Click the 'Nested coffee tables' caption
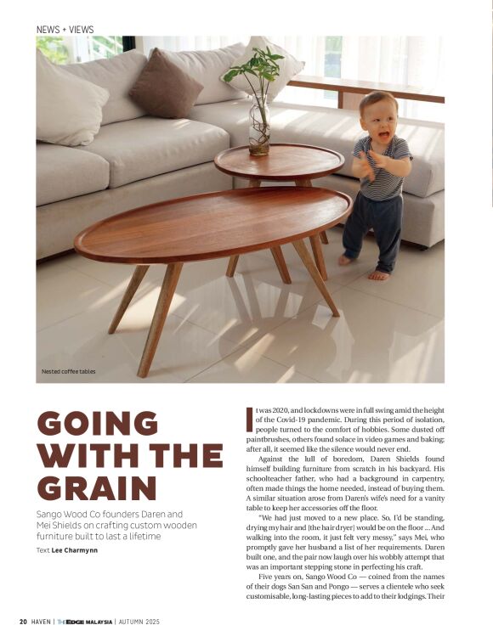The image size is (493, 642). [69, 371]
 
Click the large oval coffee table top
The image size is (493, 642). [212, 222]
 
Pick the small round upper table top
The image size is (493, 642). [278, 160]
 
